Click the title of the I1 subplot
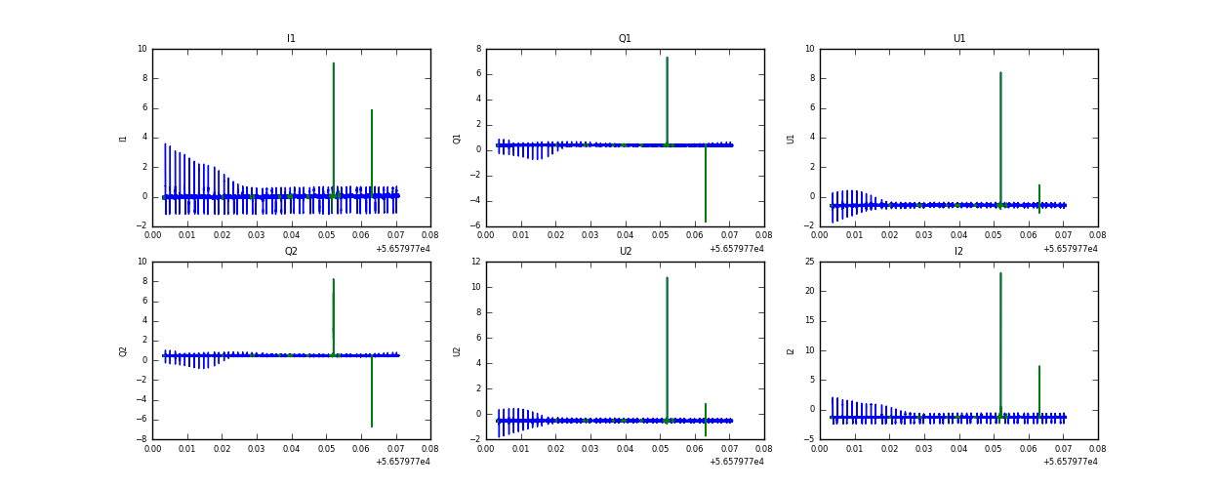(x=291, y=39)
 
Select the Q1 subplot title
(x=625, y=39)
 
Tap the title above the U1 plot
(x=958, y=39)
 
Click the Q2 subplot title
(x=291, y=252)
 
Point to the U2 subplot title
(x=625, y=252)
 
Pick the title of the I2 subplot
(x=958, y=252)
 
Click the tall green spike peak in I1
(x=334, y=64)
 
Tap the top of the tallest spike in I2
(x=1000, y=273)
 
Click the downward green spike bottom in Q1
(x=706, y=222)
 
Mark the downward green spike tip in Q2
(x=372, y=427)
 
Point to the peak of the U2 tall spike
(x=667, y=277)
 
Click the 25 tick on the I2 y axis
(x=808, y=262)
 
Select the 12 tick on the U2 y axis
(x=474, y=262)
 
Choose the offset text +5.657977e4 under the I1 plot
(x=403, y=249)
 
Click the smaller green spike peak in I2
(x=1039, y=367)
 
